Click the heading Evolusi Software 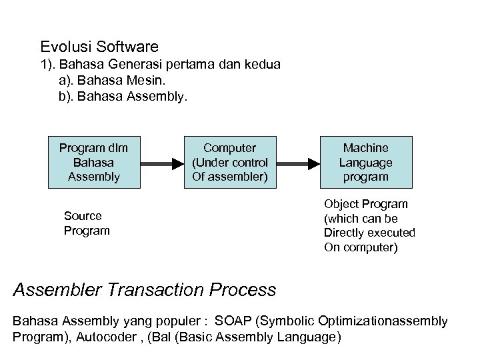click(99, 47)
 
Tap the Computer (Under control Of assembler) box click(229, 163)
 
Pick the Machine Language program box click(366, 163)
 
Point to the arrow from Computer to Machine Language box click(297, 163)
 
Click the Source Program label click(86, 223)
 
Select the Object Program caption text click(369, 225)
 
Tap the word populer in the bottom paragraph click(178, 321)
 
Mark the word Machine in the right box click(366, 148)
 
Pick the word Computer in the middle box click(229, 148)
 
